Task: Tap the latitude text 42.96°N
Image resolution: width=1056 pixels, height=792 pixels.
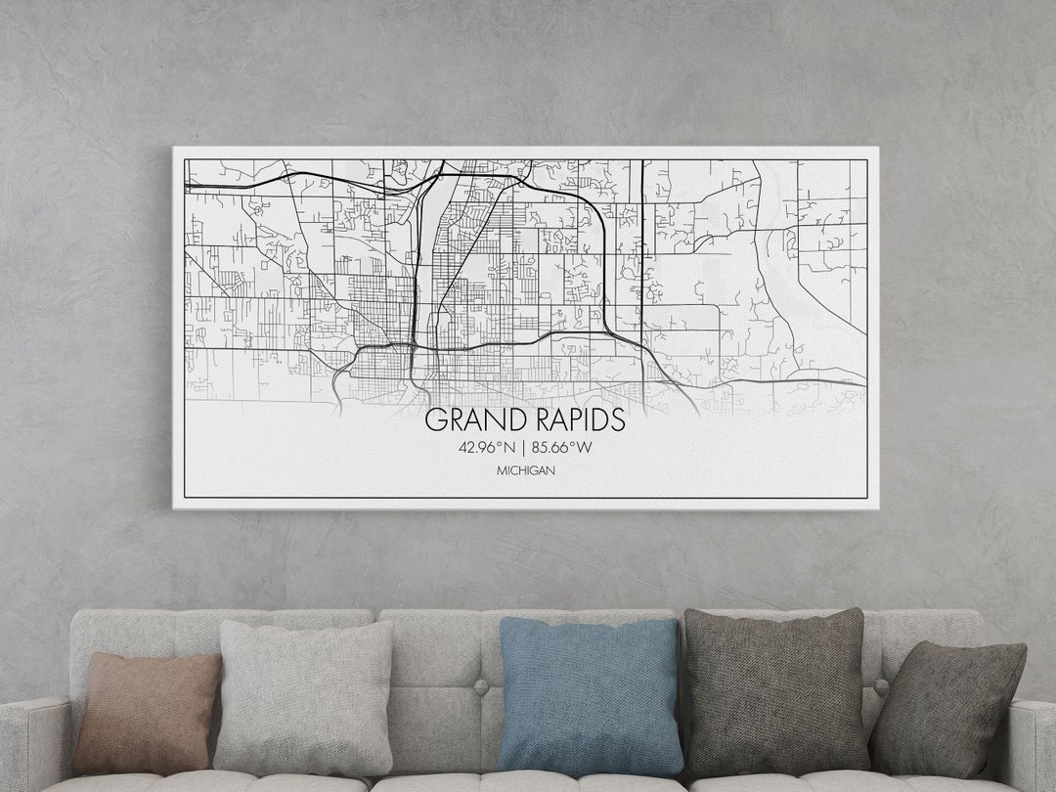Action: [486, 449]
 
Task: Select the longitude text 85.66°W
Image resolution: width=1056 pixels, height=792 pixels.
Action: [561, 449]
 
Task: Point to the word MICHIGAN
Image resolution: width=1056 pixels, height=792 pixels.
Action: [525, 471]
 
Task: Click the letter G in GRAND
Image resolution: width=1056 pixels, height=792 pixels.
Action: [435, 420]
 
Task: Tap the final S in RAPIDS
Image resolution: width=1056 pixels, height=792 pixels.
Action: [616, 420]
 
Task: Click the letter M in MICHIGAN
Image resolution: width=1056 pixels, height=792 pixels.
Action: [501, 471]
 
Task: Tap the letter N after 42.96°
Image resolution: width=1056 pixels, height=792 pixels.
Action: [508, 449]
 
